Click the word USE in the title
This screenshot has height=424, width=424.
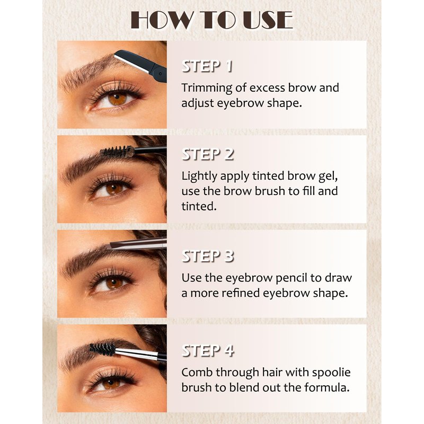[x=268, y=20]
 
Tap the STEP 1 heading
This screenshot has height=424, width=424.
[x=207, y=66]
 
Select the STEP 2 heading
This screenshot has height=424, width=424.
[x=208, y=154]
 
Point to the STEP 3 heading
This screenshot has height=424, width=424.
[x=208, y=256]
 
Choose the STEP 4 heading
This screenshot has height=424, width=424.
[x=208, y=351]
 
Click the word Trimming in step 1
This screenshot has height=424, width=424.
[x=207, y=89]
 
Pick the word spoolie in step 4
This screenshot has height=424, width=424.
[x=331, y=373]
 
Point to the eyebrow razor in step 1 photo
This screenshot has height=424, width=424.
[x=140, y=65]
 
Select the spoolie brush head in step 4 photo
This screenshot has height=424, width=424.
[x=102, y=349]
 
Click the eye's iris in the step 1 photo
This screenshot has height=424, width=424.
[x=117, y=99]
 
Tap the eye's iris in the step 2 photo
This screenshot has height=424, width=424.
[x=114, y=189]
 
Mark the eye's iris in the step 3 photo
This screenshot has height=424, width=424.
[x=114, y=283]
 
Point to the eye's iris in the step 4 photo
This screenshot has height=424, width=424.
[x=111, y=383]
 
